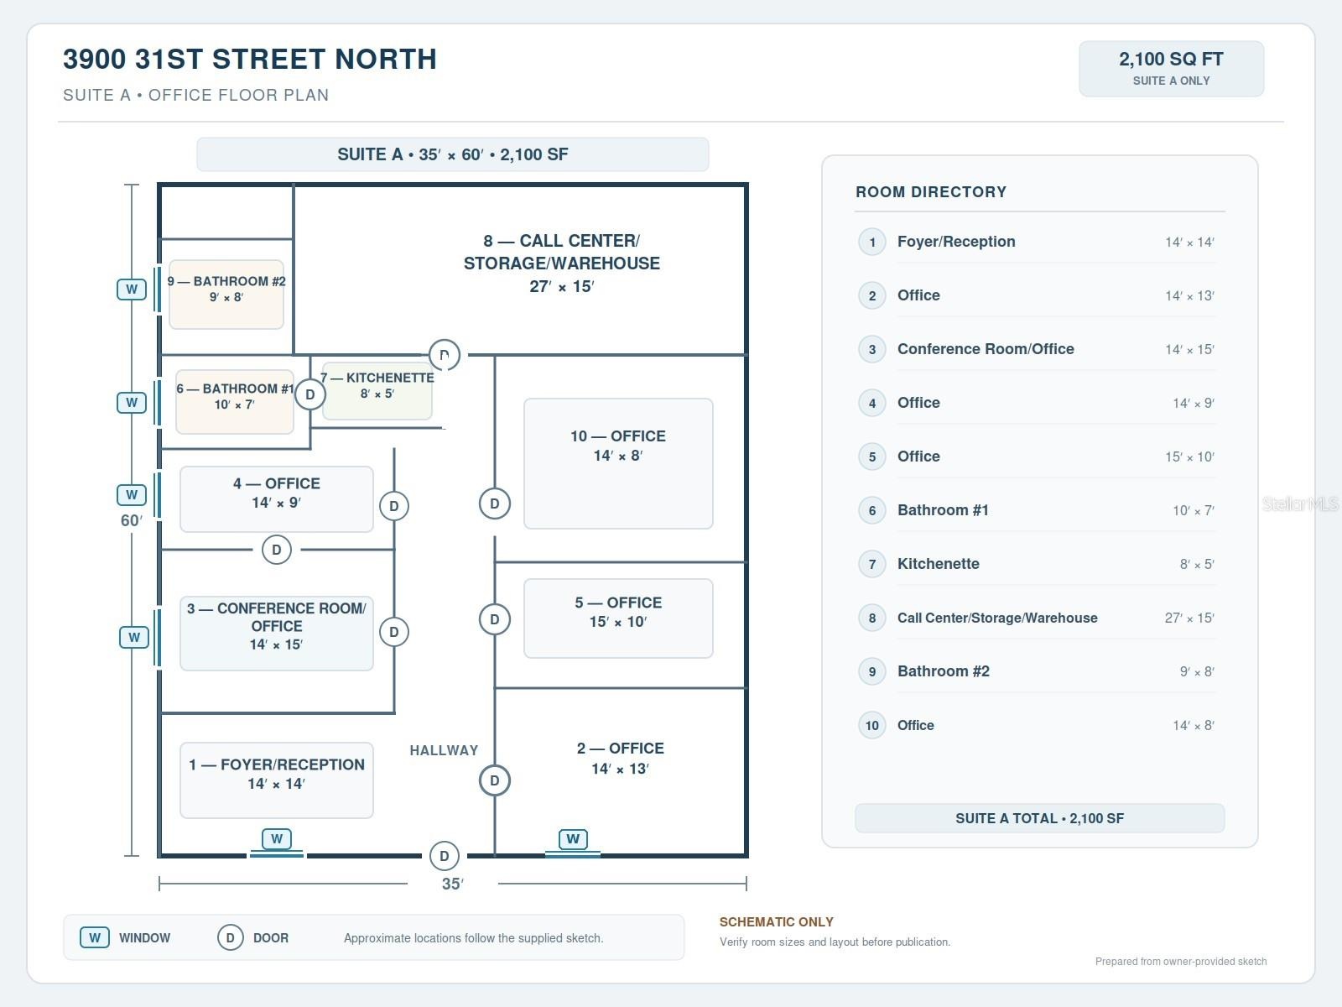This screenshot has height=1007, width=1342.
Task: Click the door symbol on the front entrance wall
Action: click(444, 856)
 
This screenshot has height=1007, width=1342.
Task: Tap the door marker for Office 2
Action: click(494, 780)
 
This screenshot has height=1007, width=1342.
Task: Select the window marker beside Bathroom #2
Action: click(132, 289)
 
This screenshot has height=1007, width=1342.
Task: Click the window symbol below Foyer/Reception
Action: click(276, 839)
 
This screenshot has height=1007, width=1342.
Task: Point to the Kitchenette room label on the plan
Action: click(377, 385)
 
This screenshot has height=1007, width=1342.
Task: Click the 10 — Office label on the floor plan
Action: click(617, 445)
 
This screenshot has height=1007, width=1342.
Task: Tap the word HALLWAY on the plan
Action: click(444, 750)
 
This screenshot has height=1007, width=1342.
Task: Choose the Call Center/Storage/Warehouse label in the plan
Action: click(561, 263)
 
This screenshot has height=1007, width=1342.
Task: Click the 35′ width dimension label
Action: click(452, 884)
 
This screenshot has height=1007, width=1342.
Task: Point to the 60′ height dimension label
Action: click(132, 520)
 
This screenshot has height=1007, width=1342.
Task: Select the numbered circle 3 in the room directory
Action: click(871, 349)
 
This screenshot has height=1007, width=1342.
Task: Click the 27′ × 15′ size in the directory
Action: click(1189, 618)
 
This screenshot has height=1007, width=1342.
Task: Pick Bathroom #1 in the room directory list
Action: click(943, 510)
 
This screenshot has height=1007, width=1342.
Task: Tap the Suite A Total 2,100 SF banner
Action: click(1039, 818)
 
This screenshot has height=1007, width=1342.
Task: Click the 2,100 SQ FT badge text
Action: click(1171, 60)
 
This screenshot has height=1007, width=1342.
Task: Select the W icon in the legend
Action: click(95, 937)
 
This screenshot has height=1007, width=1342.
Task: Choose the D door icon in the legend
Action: click(231, 937)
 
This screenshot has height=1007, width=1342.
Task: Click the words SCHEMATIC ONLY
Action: click(777, 921)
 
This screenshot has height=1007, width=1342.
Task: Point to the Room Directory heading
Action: click(930, 192)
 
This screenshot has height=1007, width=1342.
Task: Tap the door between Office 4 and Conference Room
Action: click(276, 550)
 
